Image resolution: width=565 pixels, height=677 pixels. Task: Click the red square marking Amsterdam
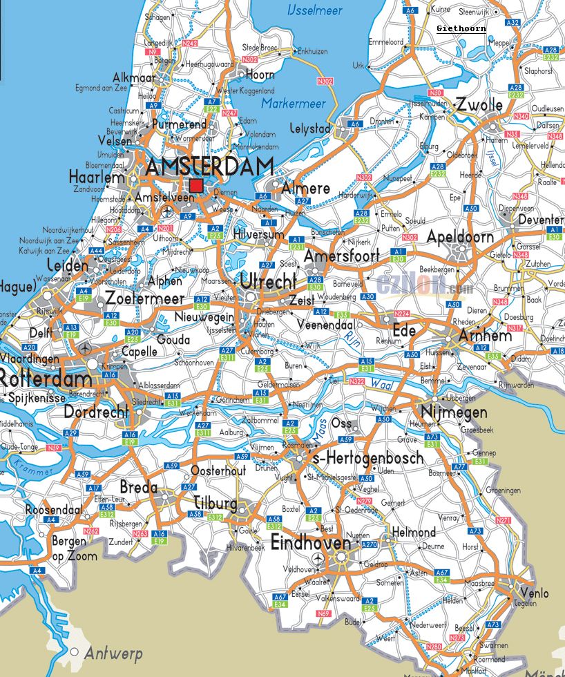point(197,185)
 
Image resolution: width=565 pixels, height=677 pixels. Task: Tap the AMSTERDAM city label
point(209,167)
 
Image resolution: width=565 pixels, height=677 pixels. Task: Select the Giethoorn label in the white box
point(461,29)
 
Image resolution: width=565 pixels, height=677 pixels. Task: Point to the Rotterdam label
point(45,379)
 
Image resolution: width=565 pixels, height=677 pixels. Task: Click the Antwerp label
point(113,654)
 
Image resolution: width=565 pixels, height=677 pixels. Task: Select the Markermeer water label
point(294,104)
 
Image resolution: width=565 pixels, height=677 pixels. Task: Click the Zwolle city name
point(479,105)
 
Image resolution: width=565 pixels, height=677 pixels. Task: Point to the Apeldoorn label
point(460,237)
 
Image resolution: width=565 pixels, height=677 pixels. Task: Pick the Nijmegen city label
point(454,413)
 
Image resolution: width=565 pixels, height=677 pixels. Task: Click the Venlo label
point(535,593)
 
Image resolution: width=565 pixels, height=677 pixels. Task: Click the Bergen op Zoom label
point(74,549)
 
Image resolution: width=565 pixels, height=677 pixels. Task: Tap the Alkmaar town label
point(134,78)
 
